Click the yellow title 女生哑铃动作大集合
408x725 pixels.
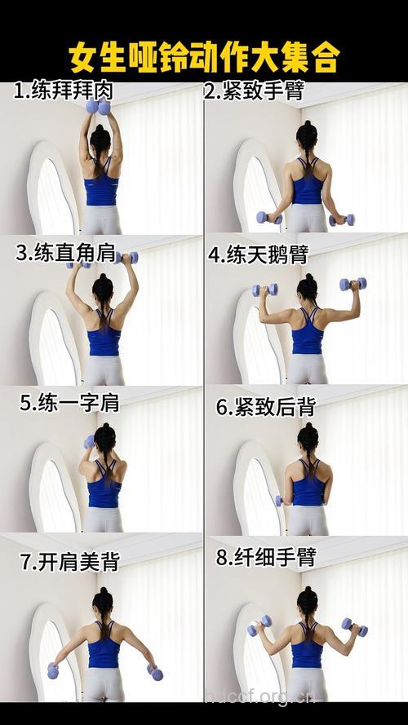point(204,58)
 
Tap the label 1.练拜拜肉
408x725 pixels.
point(63,91)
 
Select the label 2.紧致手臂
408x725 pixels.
point(254,91)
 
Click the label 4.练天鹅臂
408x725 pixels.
point(257,254)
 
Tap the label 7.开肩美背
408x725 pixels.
point(69,561)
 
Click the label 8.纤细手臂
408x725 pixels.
point(265,558)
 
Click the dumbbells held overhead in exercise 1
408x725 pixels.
point(99,107)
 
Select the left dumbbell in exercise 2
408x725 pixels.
point(268,218)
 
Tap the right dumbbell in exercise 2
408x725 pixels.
point(342,219)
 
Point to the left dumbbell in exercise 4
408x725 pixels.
point(264,290)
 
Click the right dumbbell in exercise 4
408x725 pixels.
point(353,284)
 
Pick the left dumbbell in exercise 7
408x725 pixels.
point(53,671)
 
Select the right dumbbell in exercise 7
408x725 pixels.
point(154,672)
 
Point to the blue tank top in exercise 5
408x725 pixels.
point(104,492)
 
